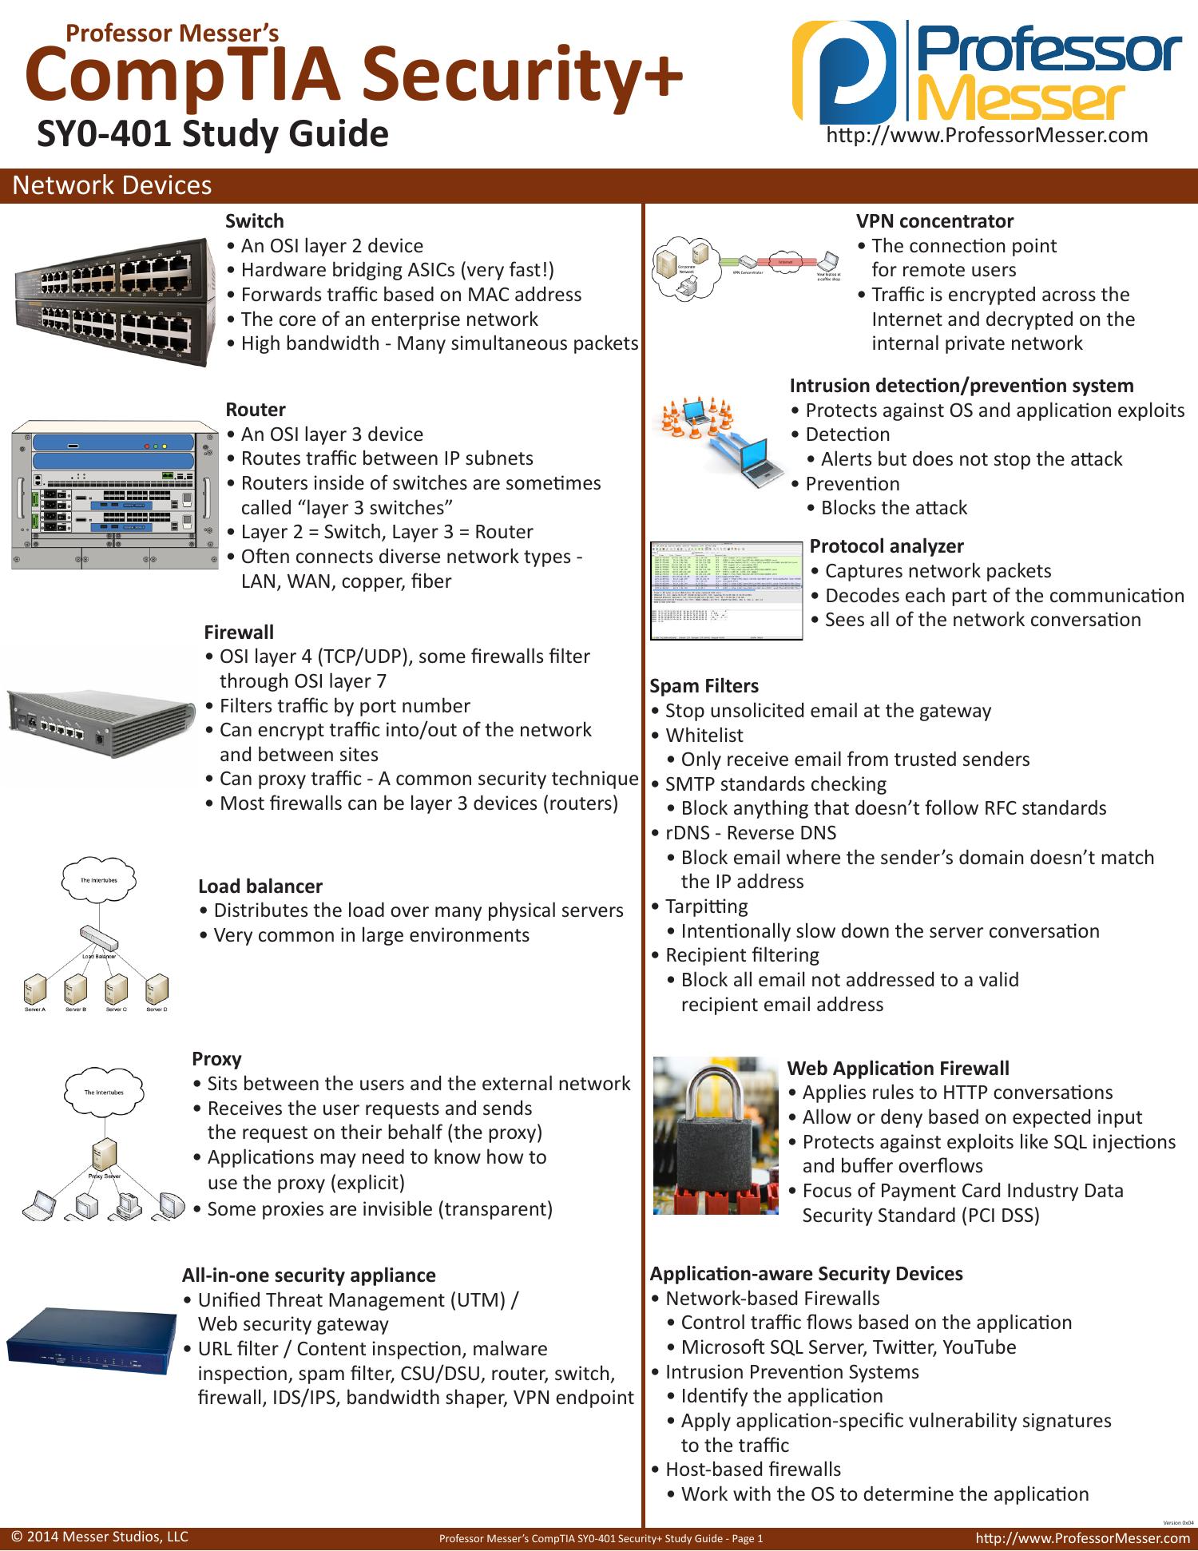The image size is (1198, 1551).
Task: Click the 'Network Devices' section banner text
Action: (113, 185)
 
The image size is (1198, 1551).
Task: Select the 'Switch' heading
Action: (254, 220)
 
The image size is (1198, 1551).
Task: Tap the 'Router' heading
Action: (255, 409)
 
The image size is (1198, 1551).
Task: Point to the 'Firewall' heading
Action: (238, 632)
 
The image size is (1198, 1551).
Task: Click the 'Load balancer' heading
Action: (260, 886)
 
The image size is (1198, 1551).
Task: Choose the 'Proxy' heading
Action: (216, 1058)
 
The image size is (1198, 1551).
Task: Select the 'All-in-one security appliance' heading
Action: (309, 1275)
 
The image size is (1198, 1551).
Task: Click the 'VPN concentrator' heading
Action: (934, 220)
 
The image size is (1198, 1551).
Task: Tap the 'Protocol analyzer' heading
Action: (887, 545)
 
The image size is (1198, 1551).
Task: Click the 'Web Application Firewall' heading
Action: (898, 1068)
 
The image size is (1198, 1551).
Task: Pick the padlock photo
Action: (716, 1135)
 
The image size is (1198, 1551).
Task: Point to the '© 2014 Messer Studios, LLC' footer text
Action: (100, 1537)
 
